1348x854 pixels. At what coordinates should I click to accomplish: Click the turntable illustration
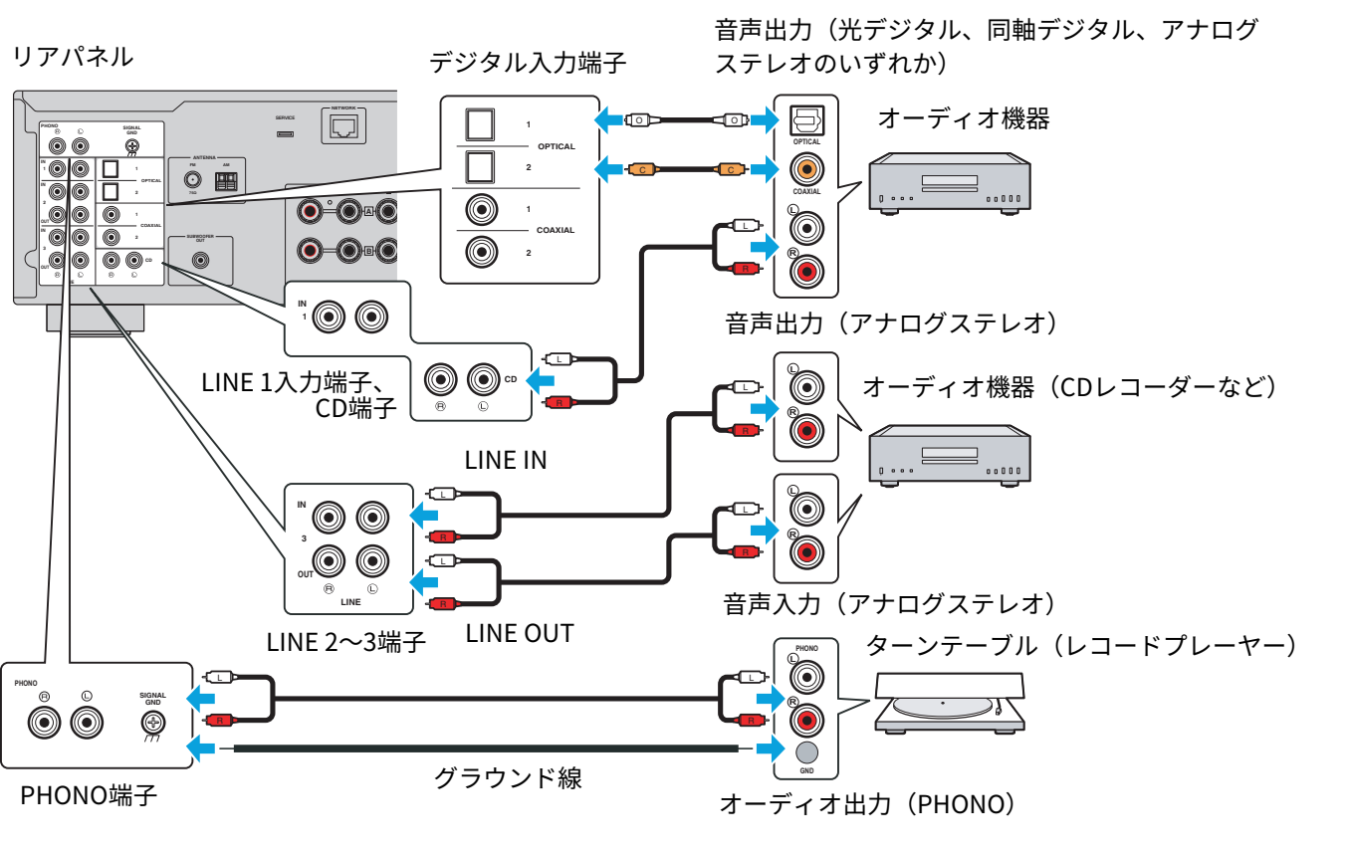tap(949, 702)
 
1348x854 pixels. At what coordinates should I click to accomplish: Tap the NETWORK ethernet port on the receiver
tap(343, 126)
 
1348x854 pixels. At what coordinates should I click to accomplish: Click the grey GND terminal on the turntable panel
tap(806, 751)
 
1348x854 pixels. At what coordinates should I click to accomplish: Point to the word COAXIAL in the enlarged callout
tap(556, 230)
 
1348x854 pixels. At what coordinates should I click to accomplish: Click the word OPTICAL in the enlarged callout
tap(556, 146)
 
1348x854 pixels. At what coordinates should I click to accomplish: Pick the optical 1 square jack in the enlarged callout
tap(481, 123)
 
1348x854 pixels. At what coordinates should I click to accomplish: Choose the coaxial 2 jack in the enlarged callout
tap(482, 253)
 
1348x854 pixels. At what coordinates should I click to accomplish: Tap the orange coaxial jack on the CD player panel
tap(805, 170)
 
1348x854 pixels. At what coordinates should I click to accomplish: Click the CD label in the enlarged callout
tap(511, 379)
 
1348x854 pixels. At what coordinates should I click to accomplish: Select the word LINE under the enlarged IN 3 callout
tap(350, 602)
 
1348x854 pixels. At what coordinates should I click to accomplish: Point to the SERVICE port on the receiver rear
tap(286, 133)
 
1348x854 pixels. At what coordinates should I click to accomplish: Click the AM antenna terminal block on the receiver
tap(227, 181)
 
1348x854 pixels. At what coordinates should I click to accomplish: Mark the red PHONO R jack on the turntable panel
tap(806, 719)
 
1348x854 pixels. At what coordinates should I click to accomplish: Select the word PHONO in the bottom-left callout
tap(26, 684)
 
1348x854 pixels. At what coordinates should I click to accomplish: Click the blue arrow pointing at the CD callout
tap(540, 380)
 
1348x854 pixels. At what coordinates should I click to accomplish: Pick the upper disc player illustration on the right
tap(949, 182)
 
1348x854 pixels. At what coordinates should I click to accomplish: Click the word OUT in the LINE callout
tap(305, 574)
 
